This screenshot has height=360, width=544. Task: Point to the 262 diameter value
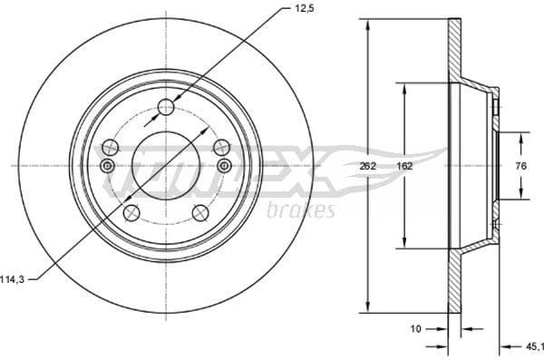[367, 166]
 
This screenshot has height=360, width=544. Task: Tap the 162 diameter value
[404, 166]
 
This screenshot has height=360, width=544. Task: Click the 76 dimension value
[521, 166]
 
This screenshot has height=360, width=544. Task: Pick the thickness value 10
[416, 329]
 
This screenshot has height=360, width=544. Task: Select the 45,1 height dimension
[534, 345]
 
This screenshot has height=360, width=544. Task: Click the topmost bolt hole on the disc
[165, 108]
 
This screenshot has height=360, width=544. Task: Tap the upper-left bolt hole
[111, 147]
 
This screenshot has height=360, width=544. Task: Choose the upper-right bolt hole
[220, 147]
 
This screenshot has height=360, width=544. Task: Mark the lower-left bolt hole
[131, 213]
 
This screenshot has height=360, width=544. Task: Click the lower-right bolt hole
[200, 213]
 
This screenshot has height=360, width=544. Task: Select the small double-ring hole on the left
[107, 165]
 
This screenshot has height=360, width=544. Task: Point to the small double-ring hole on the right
[224, 165]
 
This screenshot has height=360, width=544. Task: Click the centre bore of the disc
[165, 166]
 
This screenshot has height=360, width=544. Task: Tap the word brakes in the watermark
[302, 210]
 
